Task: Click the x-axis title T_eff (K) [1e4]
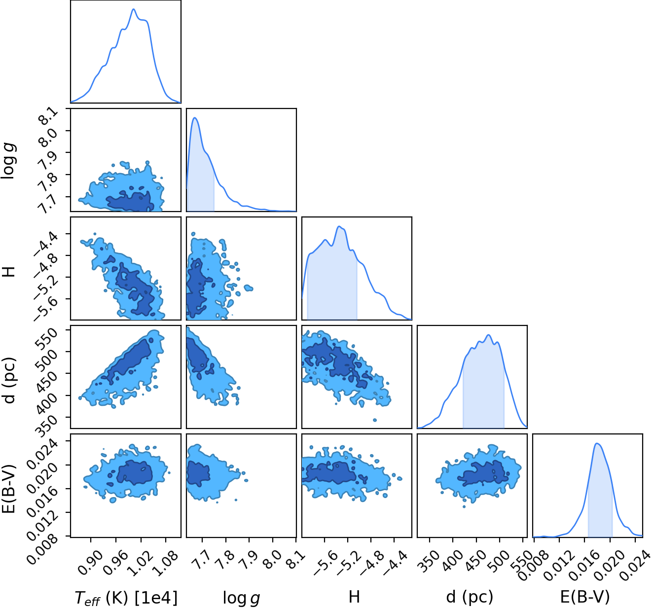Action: [x=126, y=597]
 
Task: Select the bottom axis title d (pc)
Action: [x=470, y=597]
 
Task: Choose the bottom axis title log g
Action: [x=241, y=597]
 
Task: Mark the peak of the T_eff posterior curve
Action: [x=133, y=9]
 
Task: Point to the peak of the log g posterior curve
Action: [x=195, y=117]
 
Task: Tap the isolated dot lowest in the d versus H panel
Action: [x=375, y=420]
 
